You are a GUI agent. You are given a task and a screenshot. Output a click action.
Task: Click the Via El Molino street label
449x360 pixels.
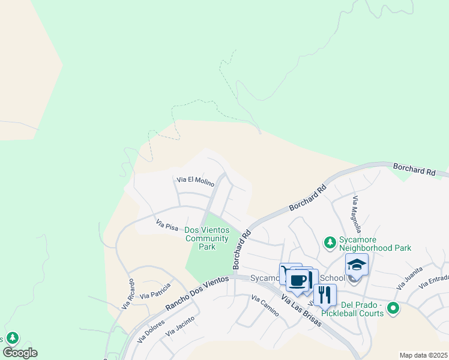tap(195, 180)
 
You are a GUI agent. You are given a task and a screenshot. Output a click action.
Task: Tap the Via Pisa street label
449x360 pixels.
tap(167, 226)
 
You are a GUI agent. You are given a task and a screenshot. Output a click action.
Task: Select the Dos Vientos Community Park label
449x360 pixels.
tap(207, 238)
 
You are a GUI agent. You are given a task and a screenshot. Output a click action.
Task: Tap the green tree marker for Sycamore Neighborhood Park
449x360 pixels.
tap(330, 242)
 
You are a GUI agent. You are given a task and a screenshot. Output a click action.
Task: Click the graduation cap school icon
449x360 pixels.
tap(357, 265)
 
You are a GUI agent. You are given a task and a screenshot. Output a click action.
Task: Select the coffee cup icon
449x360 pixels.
tap(298, 280)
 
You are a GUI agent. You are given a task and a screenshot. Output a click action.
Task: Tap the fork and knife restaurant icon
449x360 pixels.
tap(325, 295)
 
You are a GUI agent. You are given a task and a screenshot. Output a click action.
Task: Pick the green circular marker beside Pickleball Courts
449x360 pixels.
tap(393, 308)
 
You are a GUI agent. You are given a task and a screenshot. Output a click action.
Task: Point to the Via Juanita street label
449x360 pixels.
tap(411, 274)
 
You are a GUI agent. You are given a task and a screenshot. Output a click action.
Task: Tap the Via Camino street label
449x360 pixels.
tap(265, 306)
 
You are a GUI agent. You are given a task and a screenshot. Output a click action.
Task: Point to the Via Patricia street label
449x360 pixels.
tap(155, 292)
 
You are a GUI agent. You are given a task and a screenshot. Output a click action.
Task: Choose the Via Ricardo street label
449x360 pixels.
tap(127, 294)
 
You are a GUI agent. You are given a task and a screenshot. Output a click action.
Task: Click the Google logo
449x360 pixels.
tap(20, 353)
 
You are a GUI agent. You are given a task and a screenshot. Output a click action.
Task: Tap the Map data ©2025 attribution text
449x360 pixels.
tap(423, 355)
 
